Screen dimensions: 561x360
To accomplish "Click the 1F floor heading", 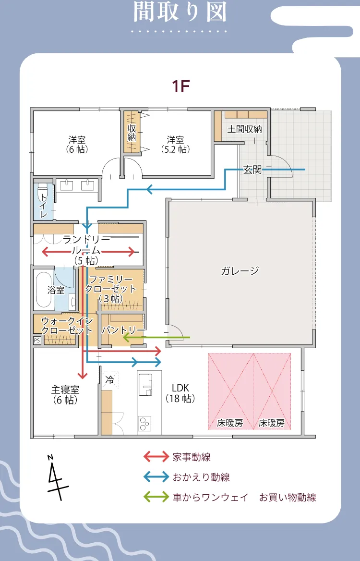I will point(182,86).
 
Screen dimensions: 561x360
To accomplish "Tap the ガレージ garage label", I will point(240,270).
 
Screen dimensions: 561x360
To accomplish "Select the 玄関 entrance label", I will point(252,170).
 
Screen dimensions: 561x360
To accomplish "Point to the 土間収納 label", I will point(245,129).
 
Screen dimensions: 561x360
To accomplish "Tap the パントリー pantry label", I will point(123,330).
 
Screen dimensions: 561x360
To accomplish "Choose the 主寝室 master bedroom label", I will point(65,394).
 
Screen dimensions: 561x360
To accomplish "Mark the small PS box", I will point(37,340).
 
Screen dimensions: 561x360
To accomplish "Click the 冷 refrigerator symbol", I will point(110,379).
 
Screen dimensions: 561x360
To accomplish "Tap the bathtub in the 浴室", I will point(44,290).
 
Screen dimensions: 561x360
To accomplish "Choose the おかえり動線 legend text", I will point(201,477).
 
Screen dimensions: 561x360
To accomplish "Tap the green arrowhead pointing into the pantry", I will point(127,338).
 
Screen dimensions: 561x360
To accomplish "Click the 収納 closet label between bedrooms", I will point(132,133).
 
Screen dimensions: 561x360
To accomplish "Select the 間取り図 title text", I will point(180,12).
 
